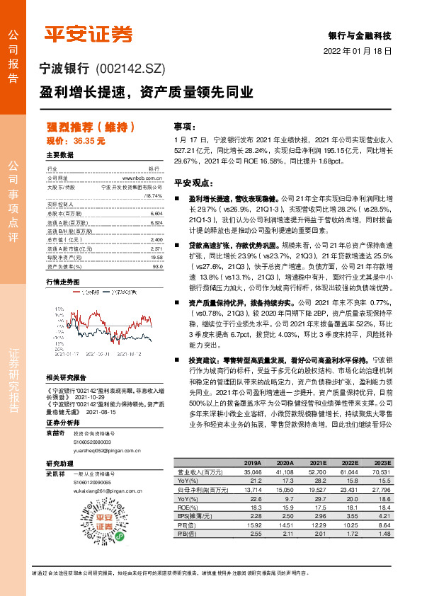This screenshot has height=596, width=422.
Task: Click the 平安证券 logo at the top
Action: pyautogui.click(x=89, y=33)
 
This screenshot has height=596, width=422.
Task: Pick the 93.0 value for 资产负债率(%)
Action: pyautogui.click(x=157, y=267)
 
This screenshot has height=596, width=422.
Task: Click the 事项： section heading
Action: pyautogui.click(x=183, y=126)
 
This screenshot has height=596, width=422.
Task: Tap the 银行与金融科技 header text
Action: pyautogui.click(x=360, y=35)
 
